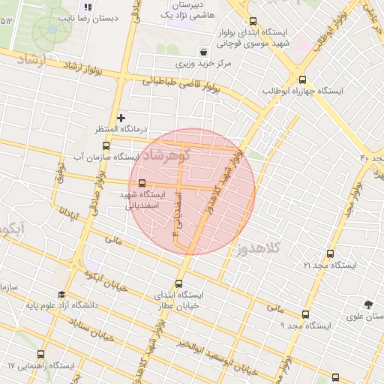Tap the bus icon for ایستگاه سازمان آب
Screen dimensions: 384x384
tap(106, 145)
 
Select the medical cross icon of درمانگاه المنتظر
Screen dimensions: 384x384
tap(121, 118)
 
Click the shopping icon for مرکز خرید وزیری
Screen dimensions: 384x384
tap(203, 52)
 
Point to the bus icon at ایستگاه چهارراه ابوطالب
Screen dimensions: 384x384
tap(302, 79)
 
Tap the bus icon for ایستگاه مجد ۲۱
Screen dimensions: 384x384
tap(331, 254)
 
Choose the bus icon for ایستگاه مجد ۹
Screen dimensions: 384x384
tap(304, 314)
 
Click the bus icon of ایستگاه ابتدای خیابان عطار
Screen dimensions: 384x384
tap(178, 283)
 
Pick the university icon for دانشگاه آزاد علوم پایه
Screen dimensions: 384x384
tap(61, 295)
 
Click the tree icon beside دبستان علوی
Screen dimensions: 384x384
tap(367, 304)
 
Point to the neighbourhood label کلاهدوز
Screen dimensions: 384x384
tap(258, 247)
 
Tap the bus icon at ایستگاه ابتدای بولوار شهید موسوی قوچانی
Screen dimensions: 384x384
tap(252, 22)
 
